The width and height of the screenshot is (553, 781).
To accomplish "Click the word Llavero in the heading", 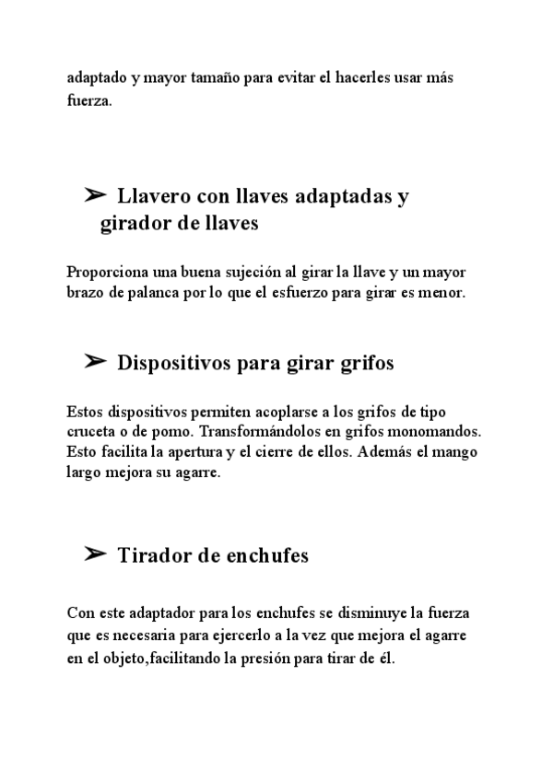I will point(153,196).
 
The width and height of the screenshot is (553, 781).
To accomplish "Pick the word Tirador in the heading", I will point(151,555).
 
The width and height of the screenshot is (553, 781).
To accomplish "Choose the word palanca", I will point(149,293).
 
